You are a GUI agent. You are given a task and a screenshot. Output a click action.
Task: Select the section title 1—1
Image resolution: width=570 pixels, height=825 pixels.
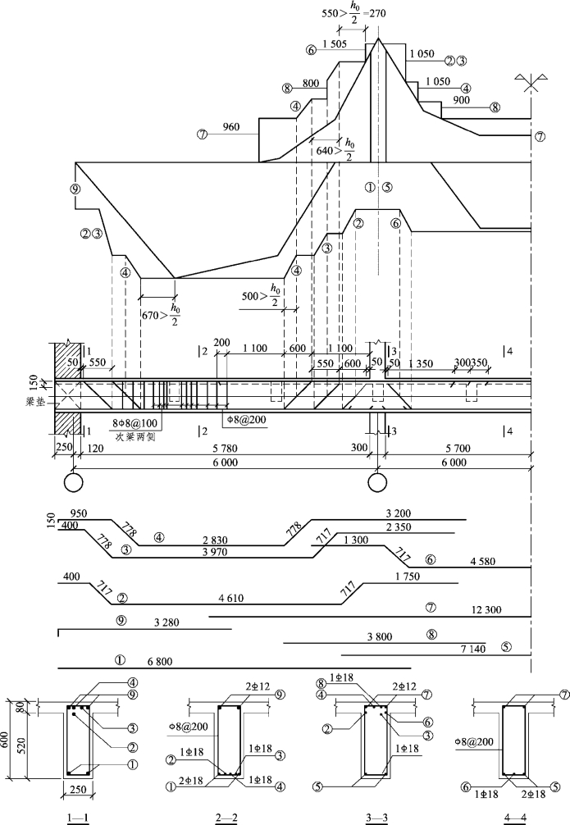pyautogui.click(x=80, y=816)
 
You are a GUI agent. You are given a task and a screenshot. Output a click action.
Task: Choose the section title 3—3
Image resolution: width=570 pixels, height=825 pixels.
pyautogui.click(x=378, y=816)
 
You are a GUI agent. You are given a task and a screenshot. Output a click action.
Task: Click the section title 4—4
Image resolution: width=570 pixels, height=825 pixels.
pyautogui.click(x=517, y=816)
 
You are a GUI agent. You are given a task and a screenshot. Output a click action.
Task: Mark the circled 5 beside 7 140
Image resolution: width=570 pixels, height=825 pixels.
pyautogui.click(x=506, y=647)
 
